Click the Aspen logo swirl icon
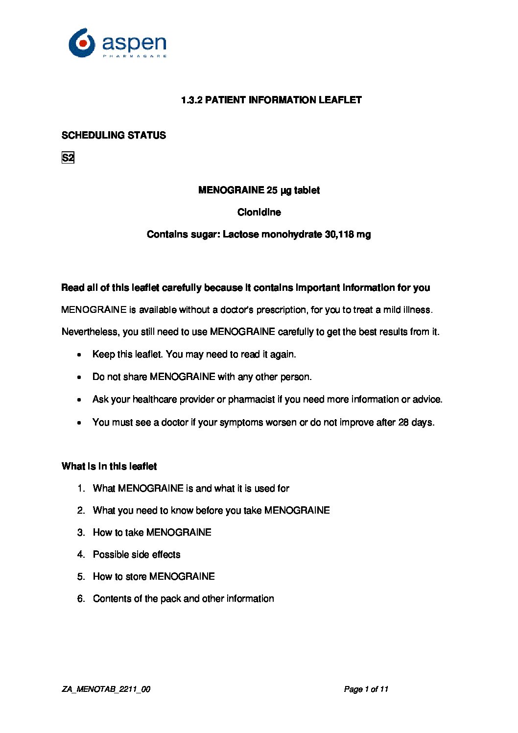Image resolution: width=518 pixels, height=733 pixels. coord(82,43)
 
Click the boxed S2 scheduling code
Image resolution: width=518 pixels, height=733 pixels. coord(68,158)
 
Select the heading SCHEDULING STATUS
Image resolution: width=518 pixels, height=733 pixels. coord(114,135)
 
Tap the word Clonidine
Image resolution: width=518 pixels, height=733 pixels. coord(259,212)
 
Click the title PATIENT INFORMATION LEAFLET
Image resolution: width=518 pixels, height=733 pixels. coord(283,100)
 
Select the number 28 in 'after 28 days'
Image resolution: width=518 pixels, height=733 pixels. coord(403,422)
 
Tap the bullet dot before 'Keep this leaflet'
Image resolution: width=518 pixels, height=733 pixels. coord(79,355)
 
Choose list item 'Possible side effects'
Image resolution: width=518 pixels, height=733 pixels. coord(137,554)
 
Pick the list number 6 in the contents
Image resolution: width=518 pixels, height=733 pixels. coord(81,598)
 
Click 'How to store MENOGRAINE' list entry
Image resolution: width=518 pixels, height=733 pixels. coord(154,576)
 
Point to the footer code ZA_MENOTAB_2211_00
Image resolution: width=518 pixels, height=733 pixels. coord(106,689)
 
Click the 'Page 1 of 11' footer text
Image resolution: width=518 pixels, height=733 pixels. coord(366,689)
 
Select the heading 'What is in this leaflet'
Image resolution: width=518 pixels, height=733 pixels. coord(109,466)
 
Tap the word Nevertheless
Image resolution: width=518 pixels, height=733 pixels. coord(91,332)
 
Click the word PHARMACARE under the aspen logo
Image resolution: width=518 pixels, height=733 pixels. coord(135,56)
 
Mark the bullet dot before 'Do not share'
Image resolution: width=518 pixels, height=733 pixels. coord(79,377)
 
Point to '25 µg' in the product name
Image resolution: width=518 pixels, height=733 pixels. coord(279,190)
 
